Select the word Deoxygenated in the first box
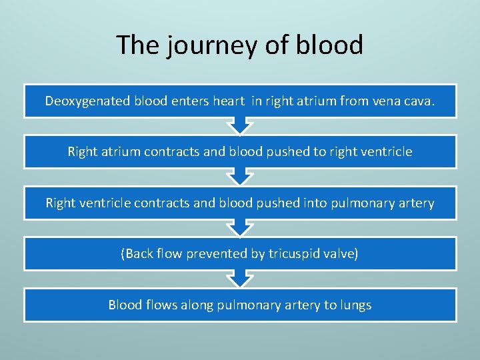tap(87, 101)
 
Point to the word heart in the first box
tap(229, 101)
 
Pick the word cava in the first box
tap(419, 101)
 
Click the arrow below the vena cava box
tap(239, 126)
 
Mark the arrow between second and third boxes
tap(239, 177)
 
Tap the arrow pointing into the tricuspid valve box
tap(239, 229)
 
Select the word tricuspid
tap(298, 254)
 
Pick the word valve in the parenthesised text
tap(342, 254)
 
